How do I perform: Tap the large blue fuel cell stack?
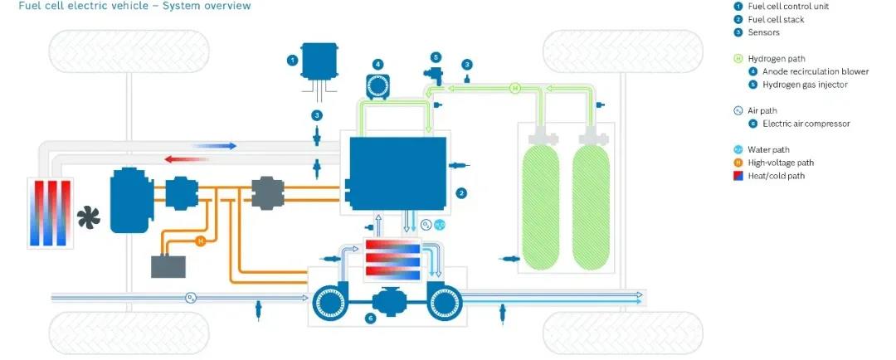pos(397,172)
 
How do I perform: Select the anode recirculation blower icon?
pos(378,85)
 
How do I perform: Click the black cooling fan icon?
pos(87,218)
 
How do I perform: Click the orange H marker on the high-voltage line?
pos(199,241)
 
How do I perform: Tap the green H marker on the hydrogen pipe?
pos(514,87)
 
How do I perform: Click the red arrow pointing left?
pos(184,158)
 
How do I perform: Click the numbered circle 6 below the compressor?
pos(371,317)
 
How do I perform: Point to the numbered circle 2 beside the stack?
pos(462,193)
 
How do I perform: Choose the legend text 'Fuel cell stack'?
pos(777,20)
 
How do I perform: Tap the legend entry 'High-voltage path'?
pos(781,163)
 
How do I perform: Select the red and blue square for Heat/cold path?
pos(738,175)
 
